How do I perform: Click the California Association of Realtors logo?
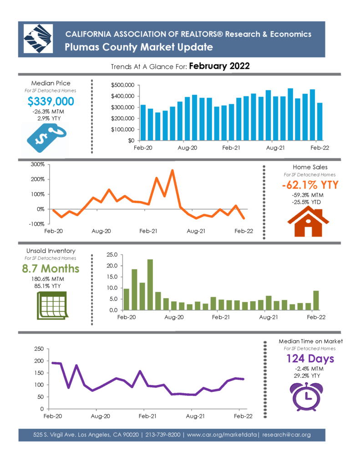(x=38, y=39)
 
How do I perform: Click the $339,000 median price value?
(x=51, y=101)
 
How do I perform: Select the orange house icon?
(x=308, y=222)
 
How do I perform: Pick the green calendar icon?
(x=52, y=305)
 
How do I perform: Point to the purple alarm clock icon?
(x=306, y=396)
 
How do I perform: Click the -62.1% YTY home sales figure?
(x=310, y=185)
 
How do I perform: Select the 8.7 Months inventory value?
(x=51, y=268)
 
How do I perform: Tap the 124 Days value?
(x=310, y=359)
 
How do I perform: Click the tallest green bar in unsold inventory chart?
(x=150, y=285)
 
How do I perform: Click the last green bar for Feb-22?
(x=316, y=300)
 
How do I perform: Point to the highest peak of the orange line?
(x=172, y=171)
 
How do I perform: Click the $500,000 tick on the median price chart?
(x=122, y=85)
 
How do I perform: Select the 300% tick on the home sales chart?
(x=38, y=164)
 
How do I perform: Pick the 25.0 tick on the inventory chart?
(x=112, y=255)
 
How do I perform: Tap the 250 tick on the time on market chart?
(x=39, y=349)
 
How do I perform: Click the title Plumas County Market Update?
(x=139, y=47)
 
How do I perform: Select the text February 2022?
(x=219, y=66)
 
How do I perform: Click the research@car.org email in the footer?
(x=286, y=435)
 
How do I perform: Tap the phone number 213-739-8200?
(x=163, y=435)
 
